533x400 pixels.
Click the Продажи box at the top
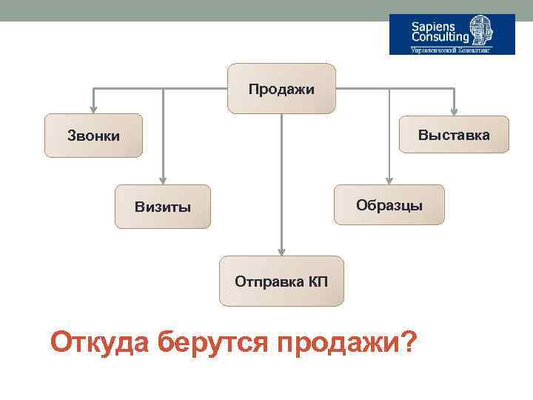tap(281, 89)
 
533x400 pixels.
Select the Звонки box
tap(93, 136)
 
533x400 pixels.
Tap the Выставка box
tap(454, 135)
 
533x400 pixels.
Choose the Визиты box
tap(163, 206)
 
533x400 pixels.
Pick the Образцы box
tap(389, 204)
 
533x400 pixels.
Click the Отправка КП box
tap(281, 281)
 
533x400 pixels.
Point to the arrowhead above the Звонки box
tap(93, 108)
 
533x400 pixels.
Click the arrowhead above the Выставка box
tap(454, 110)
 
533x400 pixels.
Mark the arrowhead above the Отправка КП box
tap(281, 250)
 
